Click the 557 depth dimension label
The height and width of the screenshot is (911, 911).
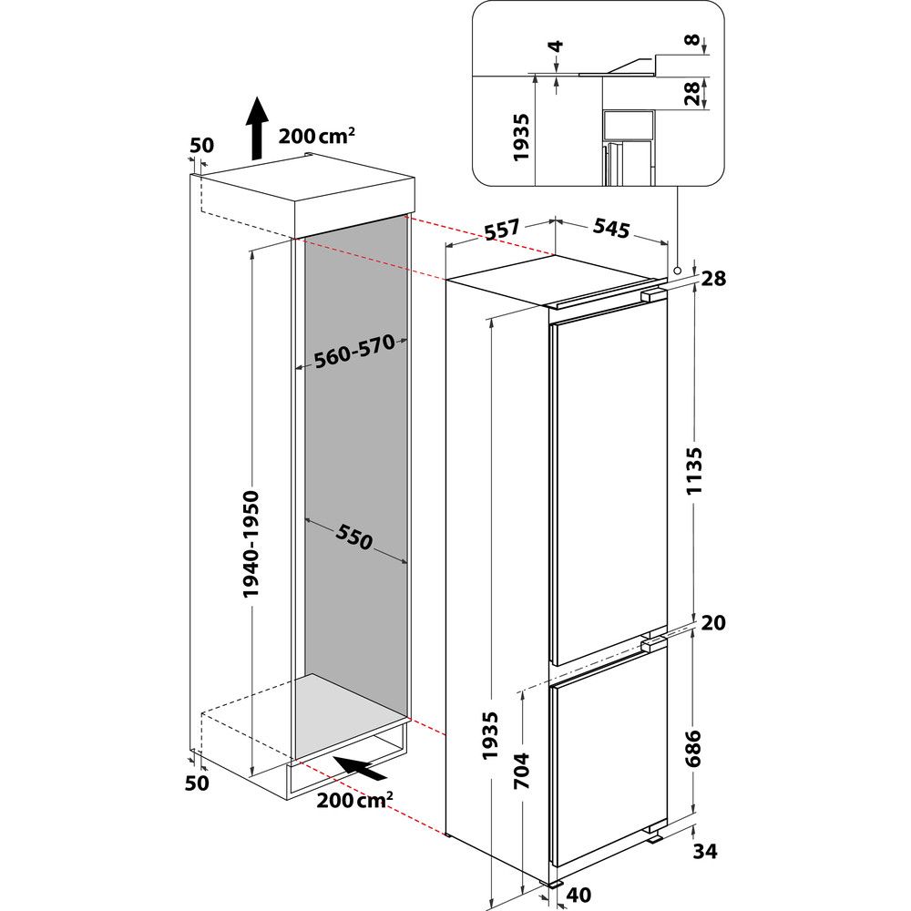(x=502, y=230)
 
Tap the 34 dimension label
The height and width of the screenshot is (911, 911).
(x=705, y=852)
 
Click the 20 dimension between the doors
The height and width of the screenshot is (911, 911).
(x=713, y=623)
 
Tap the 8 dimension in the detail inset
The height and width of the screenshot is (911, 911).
(x=695, y=41)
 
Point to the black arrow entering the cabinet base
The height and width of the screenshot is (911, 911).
(x=359, y=768)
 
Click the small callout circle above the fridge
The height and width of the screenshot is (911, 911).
(x=678, y=271)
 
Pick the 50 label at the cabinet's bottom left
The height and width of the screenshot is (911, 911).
(x=198, y=783)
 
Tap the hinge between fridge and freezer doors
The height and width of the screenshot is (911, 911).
(x=652, y=644)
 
